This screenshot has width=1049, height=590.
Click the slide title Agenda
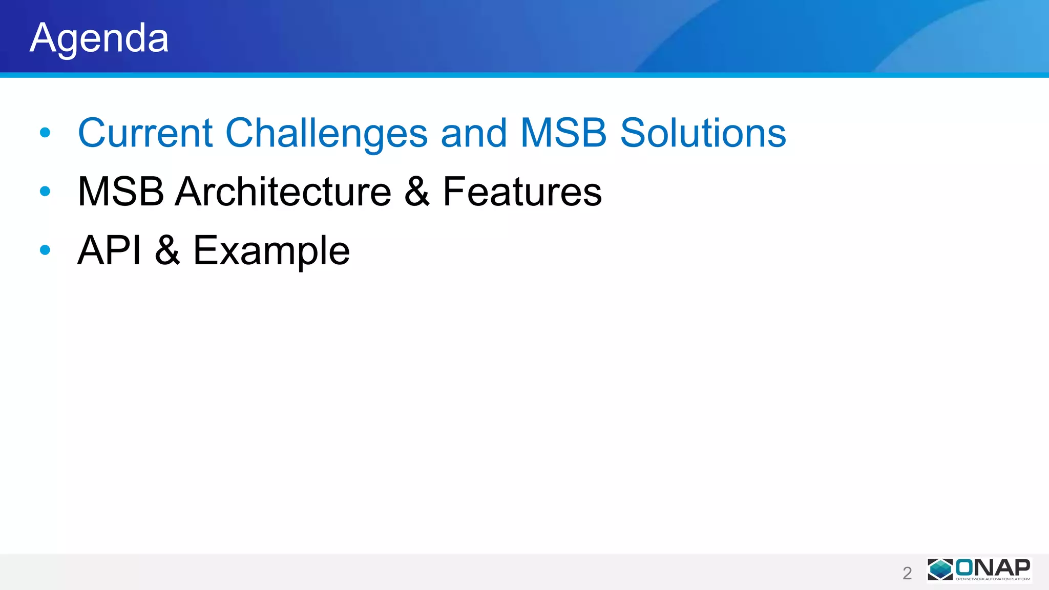tap(99, 38)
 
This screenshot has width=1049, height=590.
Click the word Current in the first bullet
tap(145, 133)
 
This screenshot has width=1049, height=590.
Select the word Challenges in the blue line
tap(326, 133)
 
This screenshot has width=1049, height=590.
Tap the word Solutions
tap(703, 133)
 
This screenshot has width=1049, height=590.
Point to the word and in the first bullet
tap(474, 133)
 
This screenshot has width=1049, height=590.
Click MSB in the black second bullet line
tap(121, 192)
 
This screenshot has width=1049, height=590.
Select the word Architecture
tap(283, 192)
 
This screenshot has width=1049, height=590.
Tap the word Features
tap(522, 192)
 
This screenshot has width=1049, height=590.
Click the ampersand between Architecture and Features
tap(417, 192)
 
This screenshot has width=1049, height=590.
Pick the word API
tap(109, 250)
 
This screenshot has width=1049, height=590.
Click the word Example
tap(271, 251)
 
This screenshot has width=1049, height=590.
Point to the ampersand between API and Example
tap(167, 250)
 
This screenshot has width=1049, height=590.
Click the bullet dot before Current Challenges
tap(45, 133)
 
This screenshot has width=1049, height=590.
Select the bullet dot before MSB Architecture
tap(45, 192)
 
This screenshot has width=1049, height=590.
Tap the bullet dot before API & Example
tap(45, 250)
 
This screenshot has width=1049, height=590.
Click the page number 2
tap(907, 573)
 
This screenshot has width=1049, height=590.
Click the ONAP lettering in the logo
tap(993, 567)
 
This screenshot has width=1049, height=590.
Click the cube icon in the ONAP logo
tap(940, 570)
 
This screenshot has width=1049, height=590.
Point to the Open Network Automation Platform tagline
tap(993, 579)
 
